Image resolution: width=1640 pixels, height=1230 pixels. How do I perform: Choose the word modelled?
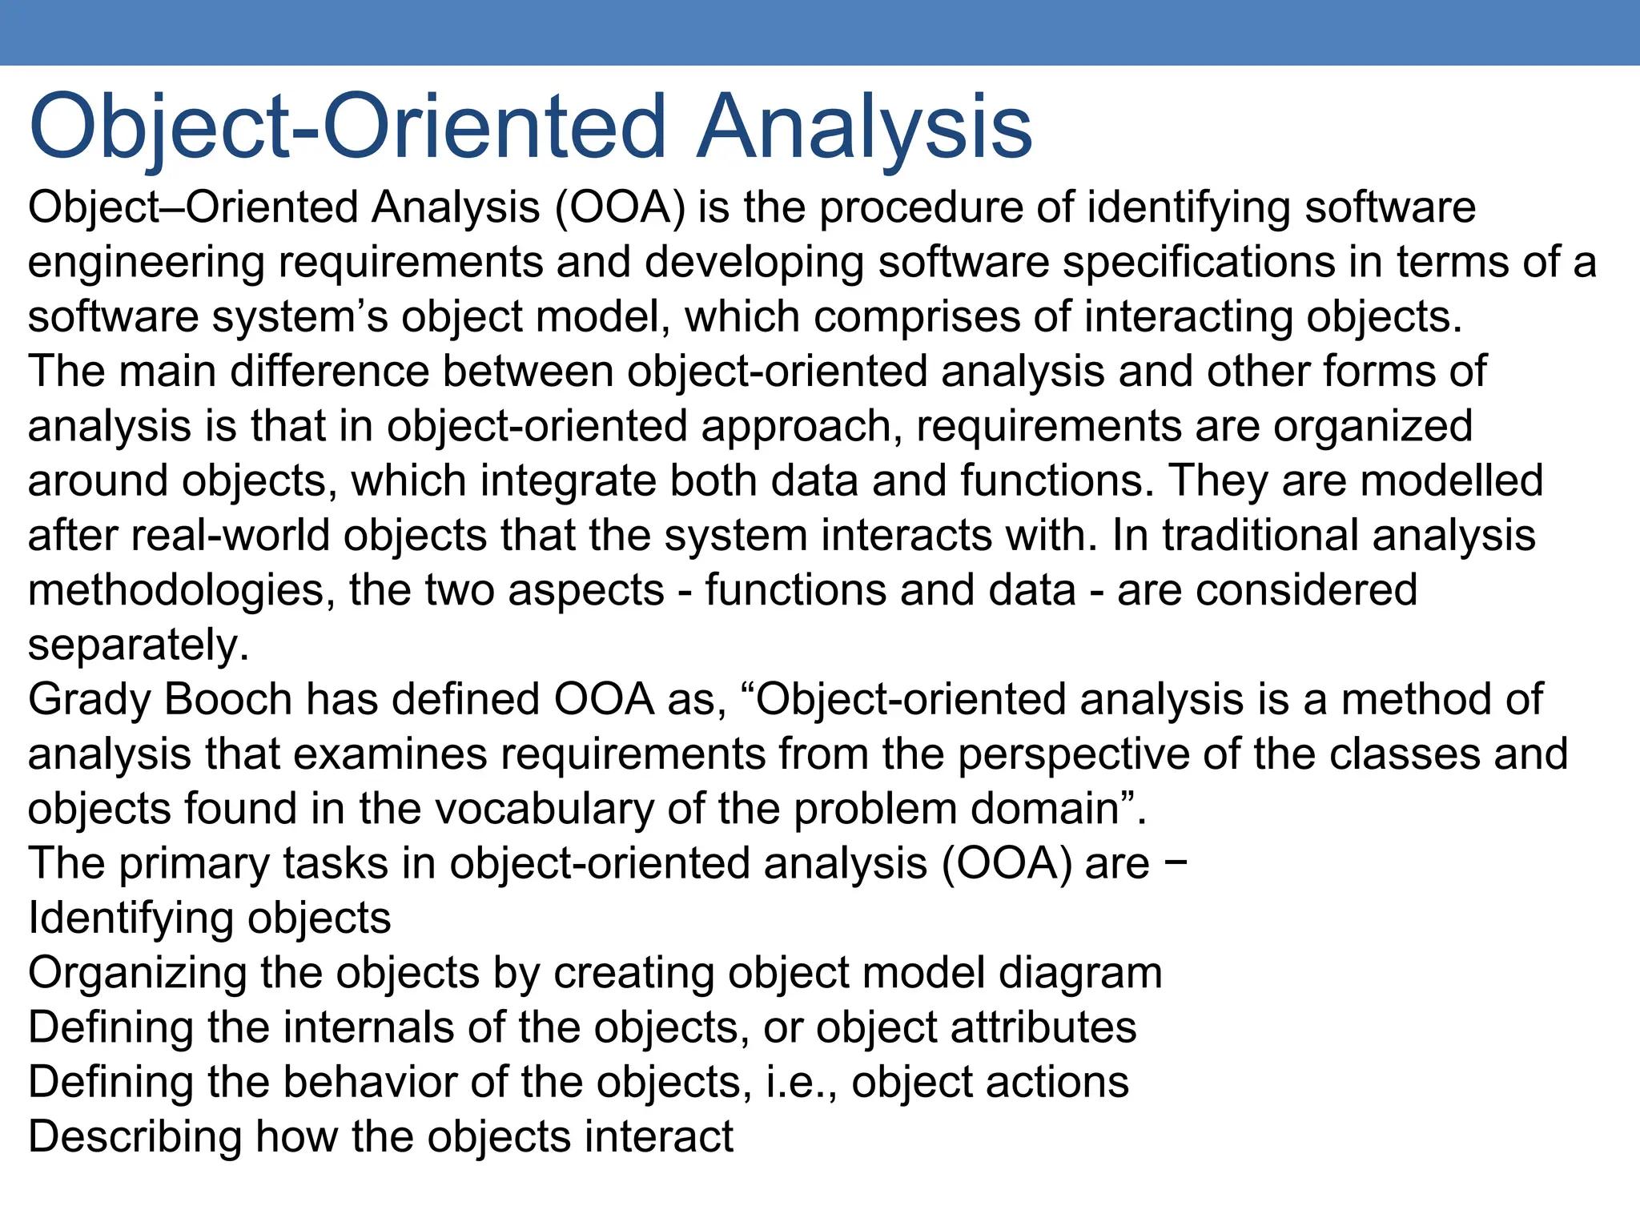(x=1451, y=480)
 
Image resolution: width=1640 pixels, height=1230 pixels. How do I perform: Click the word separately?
(x=138, y=645)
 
